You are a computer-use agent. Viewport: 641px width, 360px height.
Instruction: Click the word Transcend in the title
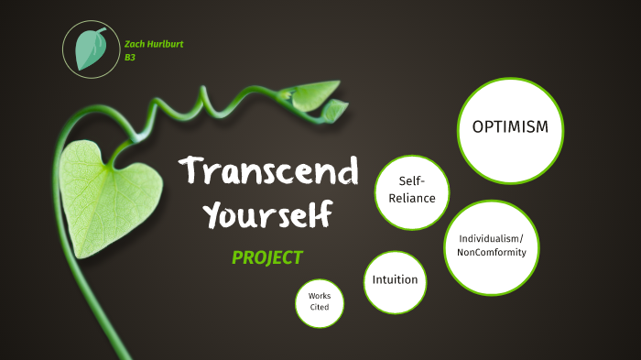(268, 171)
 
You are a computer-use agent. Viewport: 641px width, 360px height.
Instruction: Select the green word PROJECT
(266, 257)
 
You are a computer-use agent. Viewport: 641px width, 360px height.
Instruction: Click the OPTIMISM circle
(509, 128)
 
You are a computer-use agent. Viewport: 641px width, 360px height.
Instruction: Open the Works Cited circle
(320, 302)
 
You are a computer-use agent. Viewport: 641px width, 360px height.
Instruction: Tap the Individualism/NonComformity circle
(491, 245)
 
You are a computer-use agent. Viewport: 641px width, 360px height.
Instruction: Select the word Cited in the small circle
(320, 308)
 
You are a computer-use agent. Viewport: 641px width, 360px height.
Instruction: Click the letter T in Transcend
(190, 171)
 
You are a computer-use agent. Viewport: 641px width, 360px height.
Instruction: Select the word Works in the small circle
(320, 296)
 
